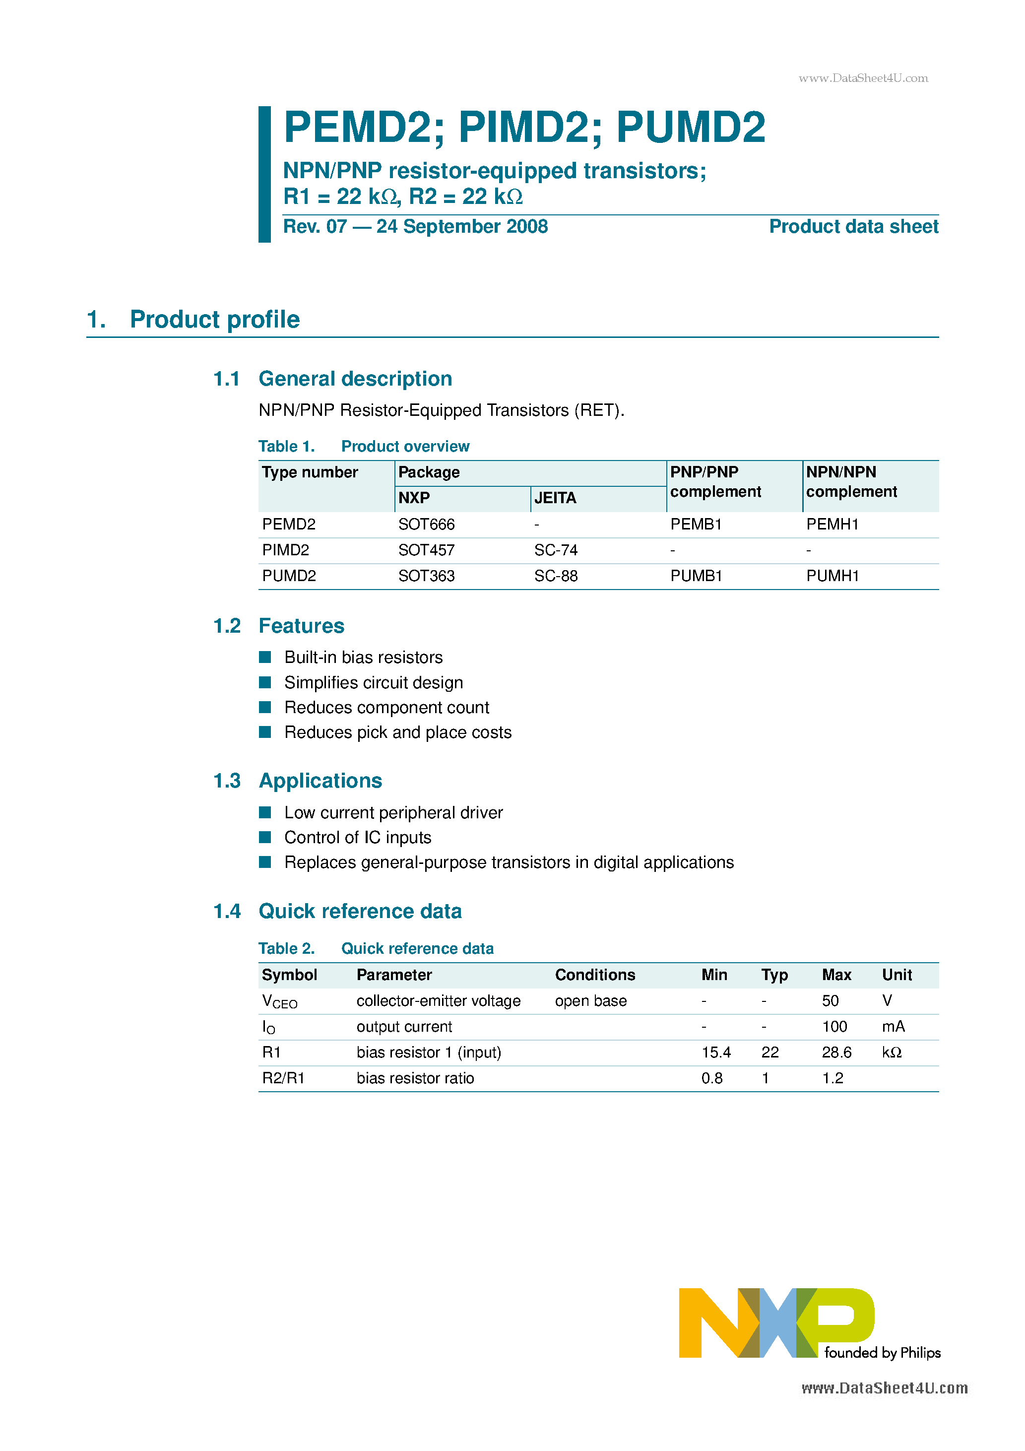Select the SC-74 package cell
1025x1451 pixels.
pyautogui.click(x=556, y=550)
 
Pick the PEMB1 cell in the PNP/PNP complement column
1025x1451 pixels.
pyautogui.click(x=695, y=524)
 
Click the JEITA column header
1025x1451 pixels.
pyautogui.click(x=555, y=498)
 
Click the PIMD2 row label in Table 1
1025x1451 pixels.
pyautogui.click(x=286, y=550)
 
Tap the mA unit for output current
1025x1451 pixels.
pyautogui.click(x=893, y=1026)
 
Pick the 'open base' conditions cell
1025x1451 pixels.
pyautogui.click(x=590, y=1000)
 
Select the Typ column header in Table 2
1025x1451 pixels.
pyautogui.click(x=774, y=975)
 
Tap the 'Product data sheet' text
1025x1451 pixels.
pyautogui.click(x=853, y=226)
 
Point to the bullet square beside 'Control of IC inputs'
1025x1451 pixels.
pyautogui.click(x=265, y=837)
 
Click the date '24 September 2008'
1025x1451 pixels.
pyautogui.click(x=462, y=226)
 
